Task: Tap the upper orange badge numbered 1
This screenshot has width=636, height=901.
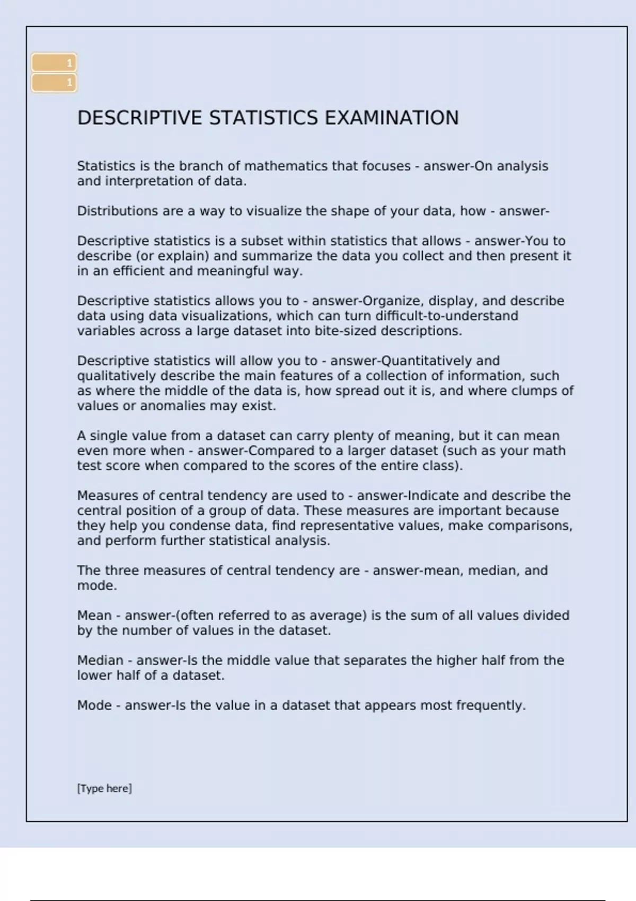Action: (54, 63)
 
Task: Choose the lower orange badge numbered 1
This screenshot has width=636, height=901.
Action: (54, 83)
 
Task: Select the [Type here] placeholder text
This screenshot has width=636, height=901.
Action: (104, 788)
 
